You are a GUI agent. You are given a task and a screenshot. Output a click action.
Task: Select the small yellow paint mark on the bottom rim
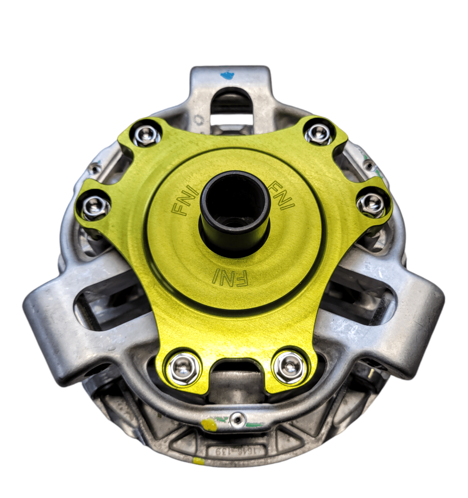pos(196,460)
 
